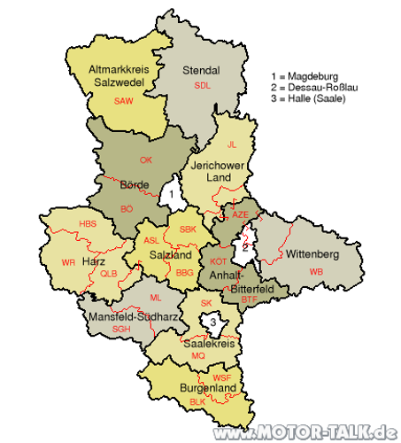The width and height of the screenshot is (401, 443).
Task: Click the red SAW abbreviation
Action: click(x=124, y=101)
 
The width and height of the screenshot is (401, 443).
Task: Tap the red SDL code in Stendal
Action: click(x=203, y=85)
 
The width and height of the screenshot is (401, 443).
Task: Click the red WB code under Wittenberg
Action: click(x=316, y=270)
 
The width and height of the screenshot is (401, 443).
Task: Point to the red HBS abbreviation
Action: click(x=88, y=224)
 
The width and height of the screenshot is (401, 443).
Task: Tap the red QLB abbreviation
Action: click(x=108, y=274)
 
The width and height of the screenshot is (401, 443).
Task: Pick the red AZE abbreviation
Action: click(x=241, y=215)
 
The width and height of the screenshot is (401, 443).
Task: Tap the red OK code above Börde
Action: click(x=146, y=159)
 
